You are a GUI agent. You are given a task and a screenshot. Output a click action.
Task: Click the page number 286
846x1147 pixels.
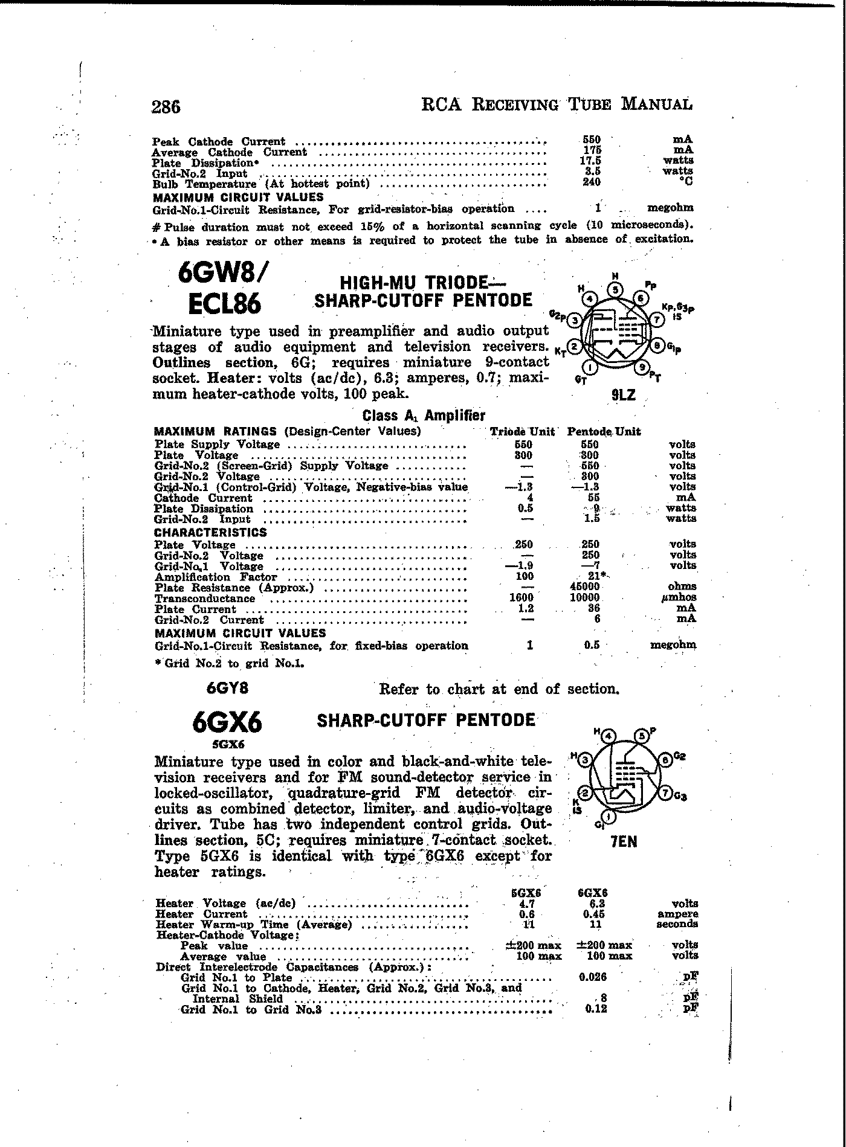coord(166,106)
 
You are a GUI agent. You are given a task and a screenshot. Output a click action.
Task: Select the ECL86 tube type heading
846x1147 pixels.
coord(225,304)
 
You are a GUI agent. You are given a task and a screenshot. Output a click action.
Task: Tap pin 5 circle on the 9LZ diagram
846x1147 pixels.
coord(615,289)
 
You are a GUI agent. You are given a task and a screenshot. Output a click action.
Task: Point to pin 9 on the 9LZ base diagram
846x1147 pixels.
coord(643,367)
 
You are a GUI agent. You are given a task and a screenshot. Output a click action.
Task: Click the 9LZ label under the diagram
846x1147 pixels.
coord(623,396)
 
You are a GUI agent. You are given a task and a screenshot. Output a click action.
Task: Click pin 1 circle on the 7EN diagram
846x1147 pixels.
coord(609,818)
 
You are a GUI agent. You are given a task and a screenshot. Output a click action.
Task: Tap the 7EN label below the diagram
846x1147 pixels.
coord(624,841)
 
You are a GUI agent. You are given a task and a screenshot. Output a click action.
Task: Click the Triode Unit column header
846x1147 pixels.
coord(522,431)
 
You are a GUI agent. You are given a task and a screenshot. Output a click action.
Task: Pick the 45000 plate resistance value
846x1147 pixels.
coord(584,586)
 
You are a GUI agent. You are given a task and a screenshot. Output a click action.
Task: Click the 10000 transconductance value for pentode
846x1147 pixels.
coord(584,597)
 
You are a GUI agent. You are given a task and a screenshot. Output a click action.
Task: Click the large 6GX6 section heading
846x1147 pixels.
coord(227,722)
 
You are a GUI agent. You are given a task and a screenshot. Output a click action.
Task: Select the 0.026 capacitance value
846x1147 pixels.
coord(592,977)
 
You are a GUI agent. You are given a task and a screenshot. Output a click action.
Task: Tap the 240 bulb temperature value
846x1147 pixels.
coord(591,182)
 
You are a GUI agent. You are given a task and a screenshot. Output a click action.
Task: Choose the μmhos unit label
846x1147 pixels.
coord(680,597)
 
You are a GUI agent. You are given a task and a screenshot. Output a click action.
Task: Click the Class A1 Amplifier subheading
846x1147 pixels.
coord(424,416)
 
